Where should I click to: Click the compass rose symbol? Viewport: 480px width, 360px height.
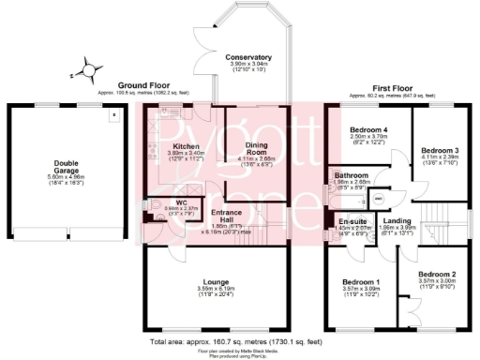click(87, 68)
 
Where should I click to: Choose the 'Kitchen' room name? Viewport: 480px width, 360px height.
click(186, 147)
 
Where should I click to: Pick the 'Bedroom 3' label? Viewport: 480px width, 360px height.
click(439, 150)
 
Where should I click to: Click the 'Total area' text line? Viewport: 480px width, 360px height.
click(239, 342)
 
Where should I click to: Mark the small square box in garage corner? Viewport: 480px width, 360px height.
click(113, 116)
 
